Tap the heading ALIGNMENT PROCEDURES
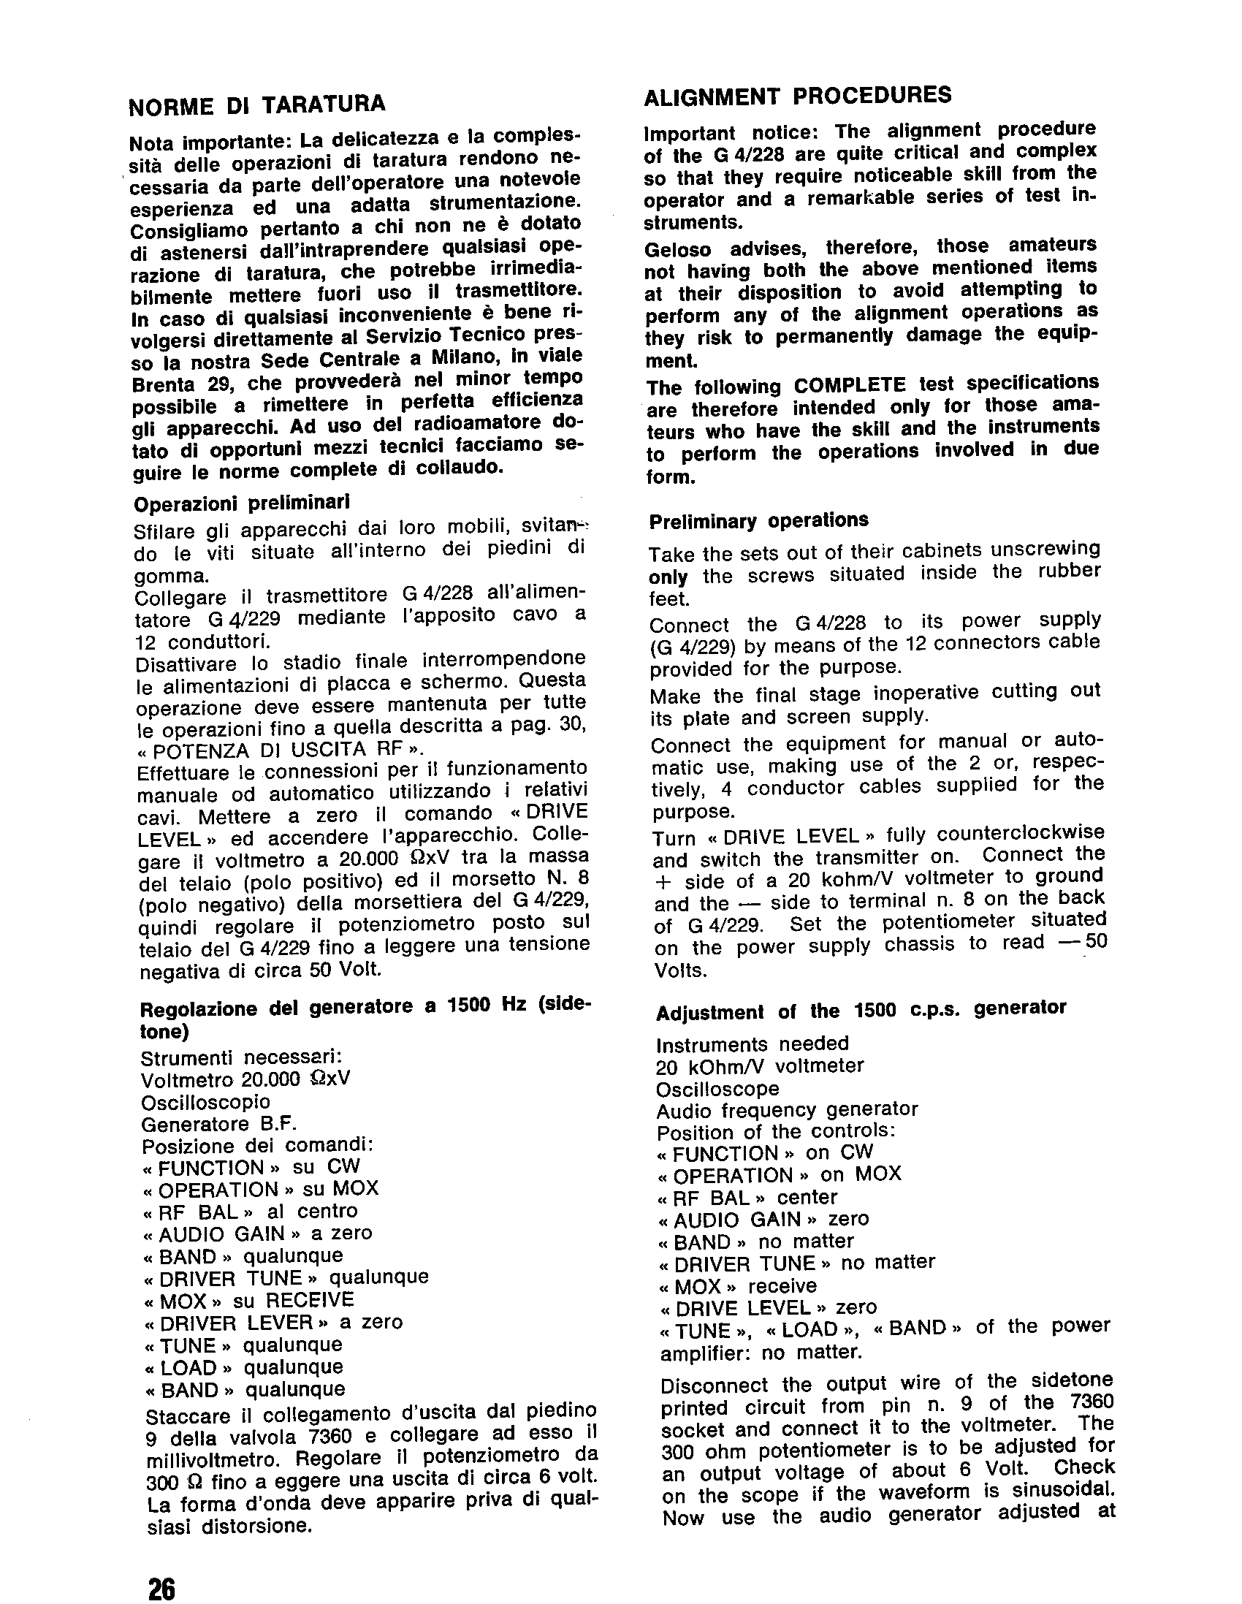click(797, 96)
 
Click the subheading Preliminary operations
click(758, 521)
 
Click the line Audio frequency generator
click(787, 1109)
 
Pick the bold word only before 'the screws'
click(668, 577)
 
